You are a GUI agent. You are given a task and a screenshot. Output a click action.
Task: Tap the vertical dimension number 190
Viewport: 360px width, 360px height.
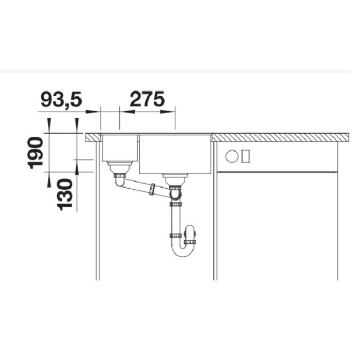[x=35, y=153]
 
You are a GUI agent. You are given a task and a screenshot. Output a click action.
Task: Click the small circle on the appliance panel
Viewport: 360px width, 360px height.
[x=232, y=155]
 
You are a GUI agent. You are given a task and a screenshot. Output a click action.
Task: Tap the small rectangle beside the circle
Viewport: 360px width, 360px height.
[x=245, y=155]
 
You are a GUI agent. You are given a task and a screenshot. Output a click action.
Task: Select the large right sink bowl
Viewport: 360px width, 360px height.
[x=175, y=154]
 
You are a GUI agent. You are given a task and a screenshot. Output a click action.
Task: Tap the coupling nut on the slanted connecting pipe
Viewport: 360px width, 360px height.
[x=152, y=190]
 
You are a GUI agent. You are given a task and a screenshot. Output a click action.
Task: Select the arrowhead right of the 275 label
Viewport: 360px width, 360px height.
[x=172, y=110]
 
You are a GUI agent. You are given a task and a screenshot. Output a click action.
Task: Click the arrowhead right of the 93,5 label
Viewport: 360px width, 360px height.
[x=95, y=110]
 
